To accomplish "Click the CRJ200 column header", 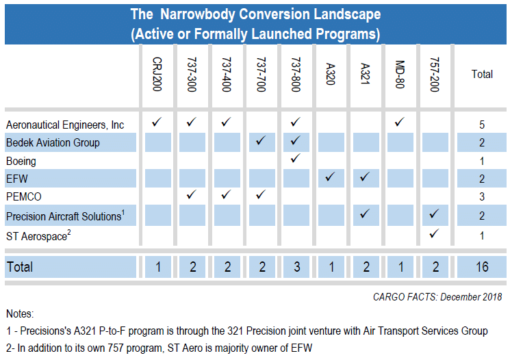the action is click(x=157, y=74).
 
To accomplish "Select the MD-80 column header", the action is click(x=400, y=74).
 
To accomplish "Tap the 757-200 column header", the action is click(x=435, y=75).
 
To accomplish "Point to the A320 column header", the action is click(x=331, y=74).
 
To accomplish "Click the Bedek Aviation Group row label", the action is click(x=53, y=142).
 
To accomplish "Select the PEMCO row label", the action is click(x=24, y=196).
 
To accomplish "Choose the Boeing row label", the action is click(x=21, y=162).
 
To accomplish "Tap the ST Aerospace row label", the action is click(x=38, y=235).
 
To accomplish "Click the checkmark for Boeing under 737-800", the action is click(x=295, y=158).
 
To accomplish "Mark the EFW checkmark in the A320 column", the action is click(x=330, y=177).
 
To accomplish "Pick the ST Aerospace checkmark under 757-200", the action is click(x=434, y=233).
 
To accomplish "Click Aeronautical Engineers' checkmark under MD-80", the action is click(x=399, y=122).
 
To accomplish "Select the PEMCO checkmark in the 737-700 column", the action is click(x=261, y=194).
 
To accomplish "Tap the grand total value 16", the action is click(x=482, y=267).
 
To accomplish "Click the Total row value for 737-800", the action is click(x=297, y=267).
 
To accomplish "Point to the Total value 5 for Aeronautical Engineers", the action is click(x=482, y=125).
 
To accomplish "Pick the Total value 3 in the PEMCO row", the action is click(x=482, y=196).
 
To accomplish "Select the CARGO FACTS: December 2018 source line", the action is click(x=437, y=297).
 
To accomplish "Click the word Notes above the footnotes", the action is click(x=20, y=314).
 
